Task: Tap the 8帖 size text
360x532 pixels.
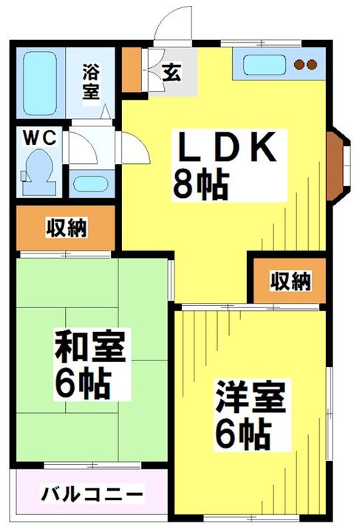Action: tap(200, 185)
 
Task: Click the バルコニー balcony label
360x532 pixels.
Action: tap(92, 494)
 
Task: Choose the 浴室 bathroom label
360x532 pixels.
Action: tap(90, 81)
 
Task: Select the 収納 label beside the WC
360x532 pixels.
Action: tap(67, 228)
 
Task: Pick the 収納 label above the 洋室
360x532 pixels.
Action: tap(290, 281)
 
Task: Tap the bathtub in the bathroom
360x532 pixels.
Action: tap(39, 83)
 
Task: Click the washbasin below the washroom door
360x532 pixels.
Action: tap(91, 183)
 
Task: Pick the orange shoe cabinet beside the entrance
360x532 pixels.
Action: tap(132, 69)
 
